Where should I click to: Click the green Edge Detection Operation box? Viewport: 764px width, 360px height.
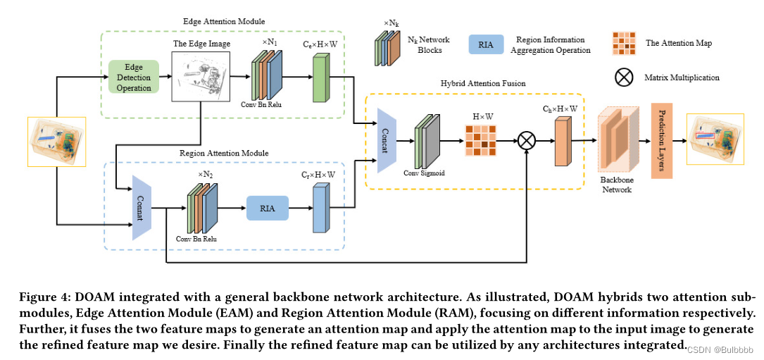[x=134, y=77]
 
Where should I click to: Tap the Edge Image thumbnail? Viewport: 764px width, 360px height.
[x=201, y=75]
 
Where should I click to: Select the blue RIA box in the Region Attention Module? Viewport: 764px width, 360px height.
[x=268, y=209]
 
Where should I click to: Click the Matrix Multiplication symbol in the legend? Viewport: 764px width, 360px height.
[x=624, y=77]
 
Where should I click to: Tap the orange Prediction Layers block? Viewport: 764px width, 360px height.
[x=662, y=140]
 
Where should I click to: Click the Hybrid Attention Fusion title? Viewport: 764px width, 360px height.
[x=475, y=83]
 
